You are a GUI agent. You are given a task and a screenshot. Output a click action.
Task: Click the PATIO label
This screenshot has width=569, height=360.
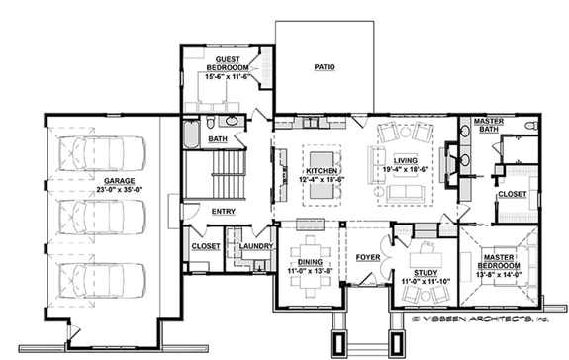click(x=324, y=67)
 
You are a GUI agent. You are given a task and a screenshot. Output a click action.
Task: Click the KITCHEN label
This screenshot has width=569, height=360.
click(x=323, y=171)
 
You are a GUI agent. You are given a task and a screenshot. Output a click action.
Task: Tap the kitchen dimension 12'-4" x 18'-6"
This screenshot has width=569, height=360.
click(x=323, y=180)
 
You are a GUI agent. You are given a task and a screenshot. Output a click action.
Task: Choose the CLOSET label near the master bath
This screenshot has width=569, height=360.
click(x=511, y=195)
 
